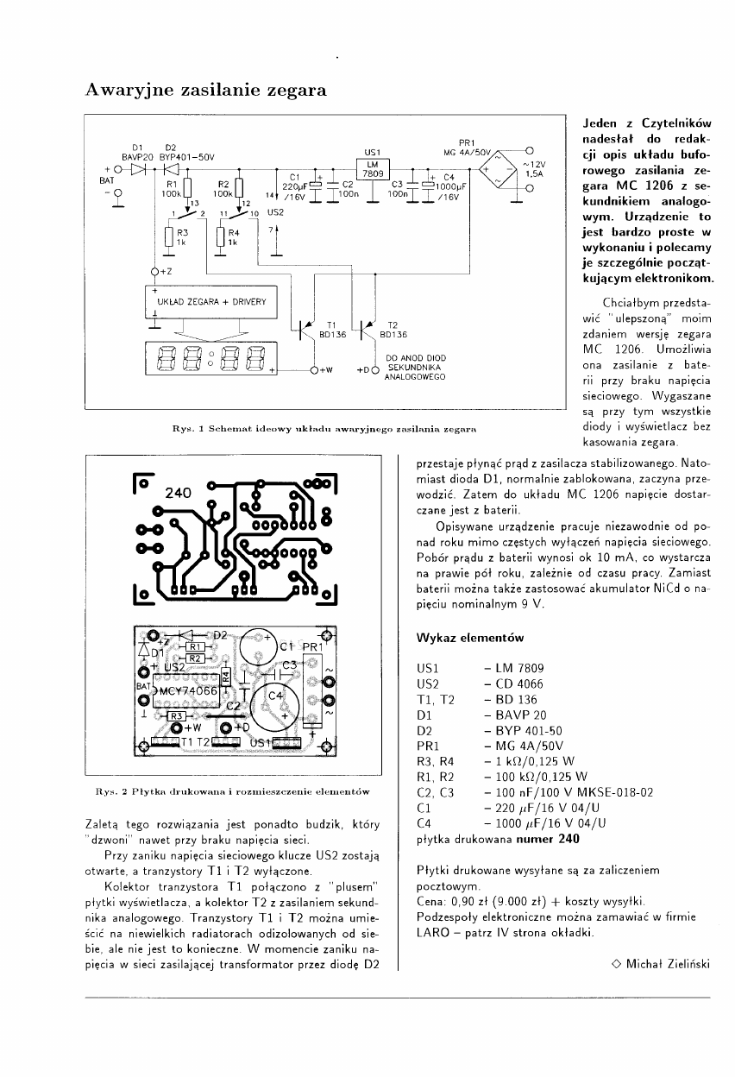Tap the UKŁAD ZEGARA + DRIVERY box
(x=210, y=302)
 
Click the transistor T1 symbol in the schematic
(x=305, y=328)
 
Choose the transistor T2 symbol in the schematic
(x=369, y=328)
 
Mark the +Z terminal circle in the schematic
(x=154, y=272)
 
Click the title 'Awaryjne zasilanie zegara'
(x=204, y=89)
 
